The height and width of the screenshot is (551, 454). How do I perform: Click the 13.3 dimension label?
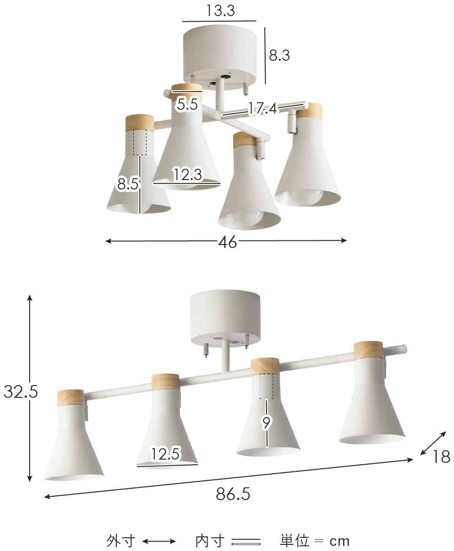220,10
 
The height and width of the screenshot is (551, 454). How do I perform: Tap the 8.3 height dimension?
279,55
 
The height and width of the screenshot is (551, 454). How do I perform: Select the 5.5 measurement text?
187,104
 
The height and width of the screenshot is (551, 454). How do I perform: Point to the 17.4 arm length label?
263,108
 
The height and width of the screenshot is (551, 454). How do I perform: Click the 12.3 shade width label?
188,174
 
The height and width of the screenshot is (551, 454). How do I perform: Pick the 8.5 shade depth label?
128,184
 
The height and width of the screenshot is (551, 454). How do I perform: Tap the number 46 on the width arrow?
227,242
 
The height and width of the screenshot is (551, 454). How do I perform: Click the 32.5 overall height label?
21,391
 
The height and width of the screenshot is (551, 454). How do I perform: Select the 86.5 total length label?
233,494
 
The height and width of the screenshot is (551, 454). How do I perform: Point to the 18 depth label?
441,457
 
